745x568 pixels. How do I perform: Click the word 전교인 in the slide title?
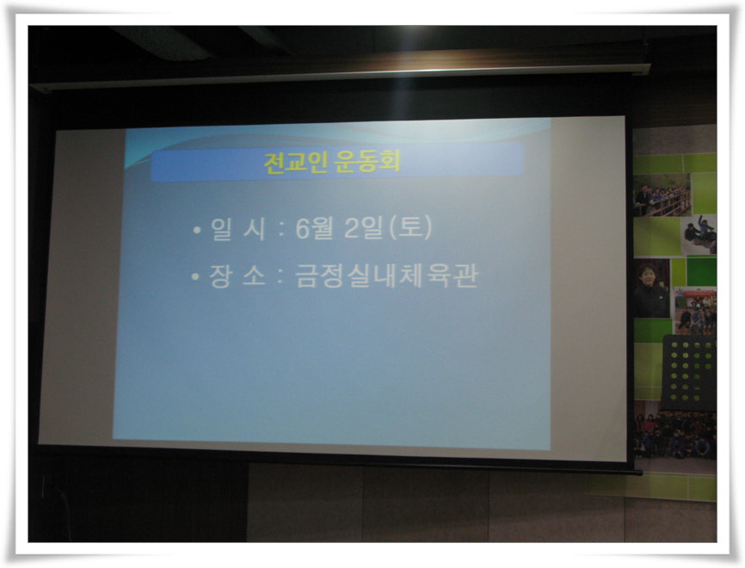pyautogui.click(x=296, y=162)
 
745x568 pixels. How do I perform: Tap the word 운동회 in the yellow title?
pyautogui.click(x=366, y=161)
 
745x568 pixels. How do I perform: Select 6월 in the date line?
pyautogui.click(x=314, y=228)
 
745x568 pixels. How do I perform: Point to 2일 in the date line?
pyautogui.click(x=364, y=228)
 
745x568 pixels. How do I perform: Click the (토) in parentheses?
pyautogui.click(x=410, y=227)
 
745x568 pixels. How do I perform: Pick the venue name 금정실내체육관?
pyautogui.click(x=385, y=276)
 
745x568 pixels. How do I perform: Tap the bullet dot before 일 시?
pyautogui.click(x=197, y=231)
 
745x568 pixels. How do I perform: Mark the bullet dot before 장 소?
pyautogui.click(x=194, y=276)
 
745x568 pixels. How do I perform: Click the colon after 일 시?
pyautogui.click(x=281, y=230)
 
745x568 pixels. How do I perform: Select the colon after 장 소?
pyautogui.click(x=280, y=276)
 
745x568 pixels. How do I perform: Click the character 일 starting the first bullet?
pyautogui.click(x=221, y=229)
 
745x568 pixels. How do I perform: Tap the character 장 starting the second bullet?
pyautogui.click(x=220, y=276)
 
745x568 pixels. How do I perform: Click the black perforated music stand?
pyautogui.click(x=689, y=373)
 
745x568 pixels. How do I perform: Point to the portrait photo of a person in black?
pyautogui.click(x=650, y=288)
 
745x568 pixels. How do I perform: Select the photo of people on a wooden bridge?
pyautogui.click(x=662, y=195)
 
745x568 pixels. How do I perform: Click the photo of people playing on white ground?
pyautogui.click(x=699, y=234)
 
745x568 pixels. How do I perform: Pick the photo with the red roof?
pyautogui.click(x=696, y=311)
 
